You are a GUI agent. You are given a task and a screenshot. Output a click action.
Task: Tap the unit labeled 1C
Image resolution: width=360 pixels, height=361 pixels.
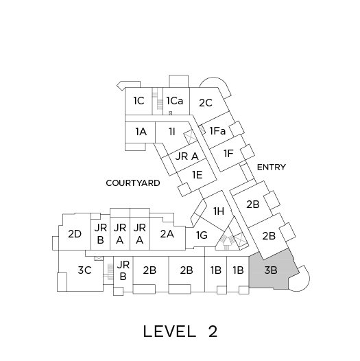pos(139,101)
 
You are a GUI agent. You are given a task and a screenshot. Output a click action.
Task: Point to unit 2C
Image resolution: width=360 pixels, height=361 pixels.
pos(207,104)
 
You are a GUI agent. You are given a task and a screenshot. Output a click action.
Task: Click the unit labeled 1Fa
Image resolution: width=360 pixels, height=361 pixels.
pos(217,131)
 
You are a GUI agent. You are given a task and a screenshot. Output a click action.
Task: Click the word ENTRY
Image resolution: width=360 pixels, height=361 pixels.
pos(272,167)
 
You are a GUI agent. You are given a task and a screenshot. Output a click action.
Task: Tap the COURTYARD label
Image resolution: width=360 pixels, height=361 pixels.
pos(133,183)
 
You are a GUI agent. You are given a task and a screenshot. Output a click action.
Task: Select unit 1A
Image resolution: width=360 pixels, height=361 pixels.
pos(141,132)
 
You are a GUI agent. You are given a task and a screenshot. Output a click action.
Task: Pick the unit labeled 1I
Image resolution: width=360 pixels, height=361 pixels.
pos(173,132)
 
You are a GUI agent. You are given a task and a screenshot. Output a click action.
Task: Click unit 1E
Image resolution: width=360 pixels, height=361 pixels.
pos(197,176)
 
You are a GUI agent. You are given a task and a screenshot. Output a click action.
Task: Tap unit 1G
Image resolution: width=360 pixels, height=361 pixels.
pos(202,235)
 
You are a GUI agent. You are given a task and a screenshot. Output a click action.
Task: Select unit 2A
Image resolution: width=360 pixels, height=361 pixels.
pos(167,234)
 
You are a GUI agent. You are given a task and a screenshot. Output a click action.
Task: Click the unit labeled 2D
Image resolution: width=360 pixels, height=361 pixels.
pos(75,234)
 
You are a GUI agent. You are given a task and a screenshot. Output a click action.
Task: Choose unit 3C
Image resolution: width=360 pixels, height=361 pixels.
pos(84,270)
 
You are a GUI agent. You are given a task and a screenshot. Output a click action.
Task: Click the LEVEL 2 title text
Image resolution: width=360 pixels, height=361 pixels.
pos(180,331)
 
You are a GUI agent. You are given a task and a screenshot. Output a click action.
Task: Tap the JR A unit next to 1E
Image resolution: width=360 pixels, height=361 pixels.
pos(187,156)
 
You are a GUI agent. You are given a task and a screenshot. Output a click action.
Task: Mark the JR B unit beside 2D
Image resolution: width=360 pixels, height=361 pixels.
pos(101,234)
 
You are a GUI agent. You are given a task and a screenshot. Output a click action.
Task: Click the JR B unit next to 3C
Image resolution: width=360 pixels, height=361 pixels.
pos(123,270)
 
